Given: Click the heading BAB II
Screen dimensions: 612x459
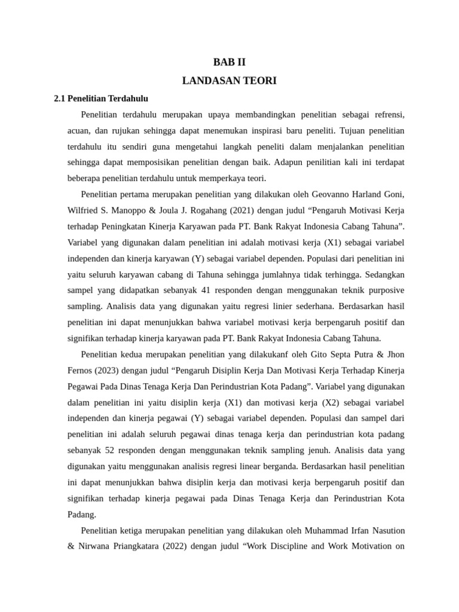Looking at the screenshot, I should [x=229, y=62].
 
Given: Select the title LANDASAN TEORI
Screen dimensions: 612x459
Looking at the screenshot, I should [x=229, y=81].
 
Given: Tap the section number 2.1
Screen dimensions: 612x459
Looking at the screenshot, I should [x=60, y=98].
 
